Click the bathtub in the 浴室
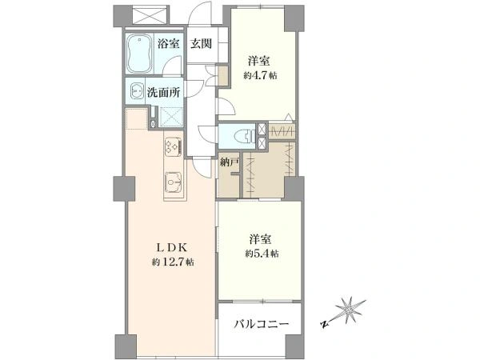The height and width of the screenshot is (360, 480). click(x=139, y=54)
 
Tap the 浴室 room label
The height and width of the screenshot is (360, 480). click(x=168, y=44)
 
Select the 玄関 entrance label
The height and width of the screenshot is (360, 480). click(x=201, y=44)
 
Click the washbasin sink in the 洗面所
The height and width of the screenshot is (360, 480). click(x=136, y=90)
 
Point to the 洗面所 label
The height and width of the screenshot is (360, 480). click(x=164, y=92)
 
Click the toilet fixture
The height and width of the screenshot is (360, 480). click(x=245, y=135)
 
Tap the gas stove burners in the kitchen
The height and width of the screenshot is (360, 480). click(x=174, y=146)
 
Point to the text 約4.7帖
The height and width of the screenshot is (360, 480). click(x=260, y=76)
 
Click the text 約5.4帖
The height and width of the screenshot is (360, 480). click(x=262, y=254)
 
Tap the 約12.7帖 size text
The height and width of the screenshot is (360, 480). click(x=173, y=262)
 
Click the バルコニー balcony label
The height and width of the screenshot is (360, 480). click(x=261, y=324)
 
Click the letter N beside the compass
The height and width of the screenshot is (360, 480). click(x=323, y=324)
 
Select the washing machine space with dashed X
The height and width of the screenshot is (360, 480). click(x=171, y=117)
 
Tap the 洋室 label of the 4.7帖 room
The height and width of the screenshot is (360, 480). click(x=259, y=61)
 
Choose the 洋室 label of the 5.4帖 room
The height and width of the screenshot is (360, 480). click(x=260, y=239)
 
